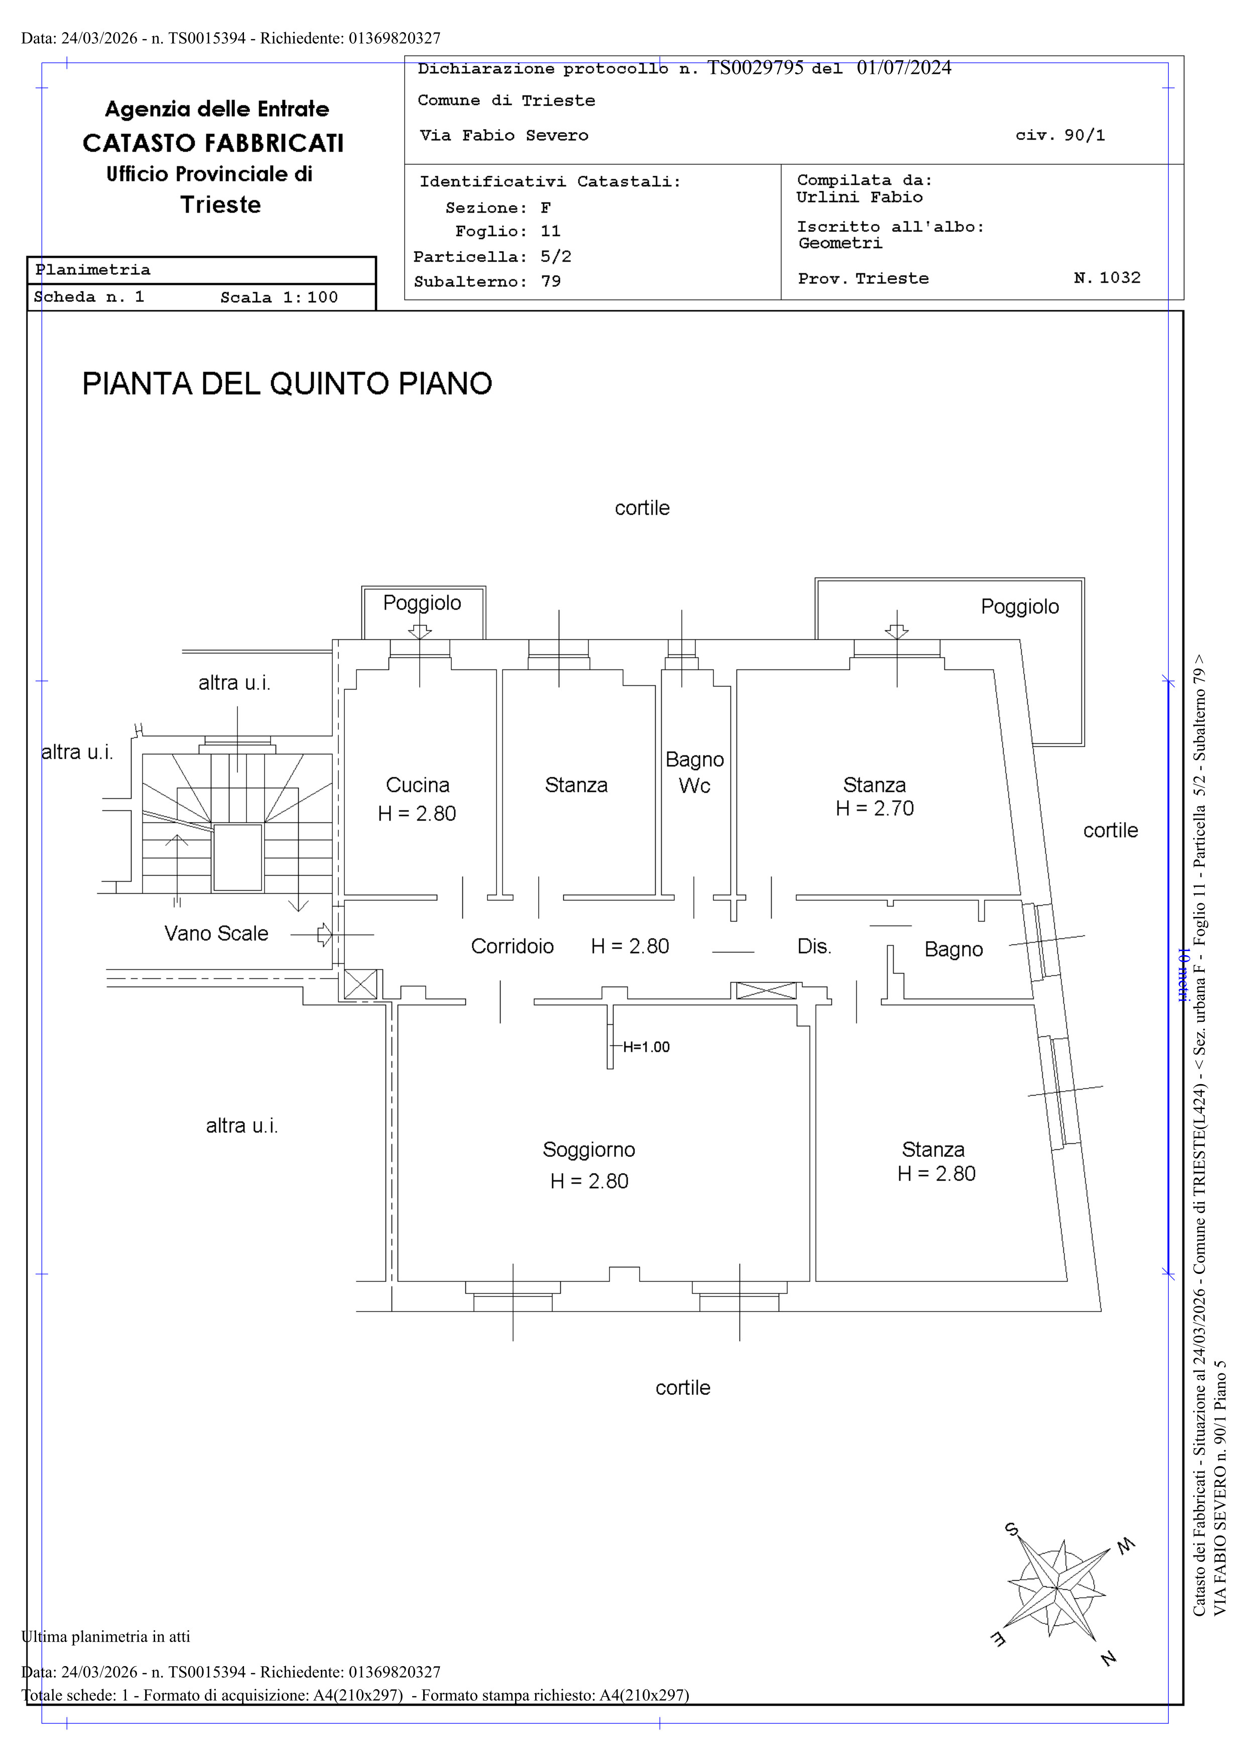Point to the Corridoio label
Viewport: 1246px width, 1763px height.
tap(512, 946)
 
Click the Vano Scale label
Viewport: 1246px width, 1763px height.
tap(216, 933)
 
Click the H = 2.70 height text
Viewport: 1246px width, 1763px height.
tap(875, 808)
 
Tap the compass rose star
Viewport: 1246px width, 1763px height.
tap(1057, 1587)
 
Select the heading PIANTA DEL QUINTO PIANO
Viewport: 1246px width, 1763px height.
tap(287, 384)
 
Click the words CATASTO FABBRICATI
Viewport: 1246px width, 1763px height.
tap(213, 144)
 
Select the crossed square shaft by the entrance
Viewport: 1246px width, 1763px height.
tap(361, 984)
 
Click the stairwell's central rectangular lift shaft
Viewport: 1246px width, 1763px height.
tap(237, 857)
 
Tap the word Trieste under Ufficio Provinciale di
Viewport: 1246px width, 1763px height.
tap(220, 205)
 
